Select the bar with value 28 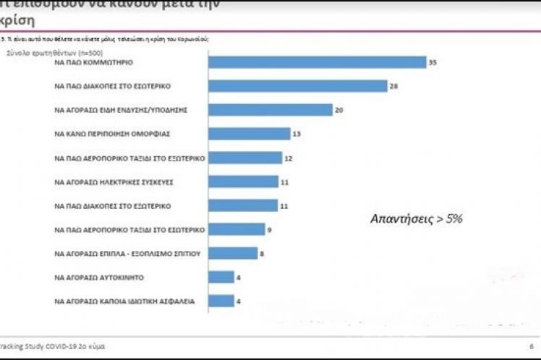tap(297, 87)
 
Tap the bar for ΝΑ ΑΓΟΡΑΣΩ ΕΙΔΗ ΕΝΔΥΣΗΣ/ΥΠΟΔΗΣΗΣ tap(270, 110)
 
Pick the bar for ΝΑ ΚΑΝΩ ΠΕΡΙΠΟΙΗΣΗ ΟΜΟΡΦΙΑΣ tap(249, 134)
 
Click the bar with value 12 tap(245, 158)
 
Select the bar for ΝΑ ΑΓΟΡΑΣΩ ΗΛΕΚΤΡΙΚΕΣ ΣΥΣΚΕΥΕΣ tap(243, 181)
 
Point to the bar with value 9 tap(237, 229)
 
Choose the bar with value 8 tap(233, 253)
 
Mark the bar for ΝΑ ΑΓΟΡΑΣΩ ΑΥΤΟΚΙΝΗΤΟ tap(221, 277)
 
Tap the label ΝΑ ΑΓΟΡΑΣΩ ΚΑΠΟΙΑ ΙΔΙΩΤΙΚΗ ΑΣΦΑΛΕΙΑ tap(124, 301)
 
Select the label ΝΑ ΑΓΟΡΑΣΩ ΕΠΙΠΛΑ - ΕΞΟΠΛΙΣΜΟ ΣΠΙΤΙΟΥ tap(127, 253)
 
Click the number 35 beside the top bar tap(433, 63)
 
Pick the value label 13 tap(297, 134)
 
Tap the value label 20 tap(338, 110)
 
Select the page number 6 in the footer tap(532, 346)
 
